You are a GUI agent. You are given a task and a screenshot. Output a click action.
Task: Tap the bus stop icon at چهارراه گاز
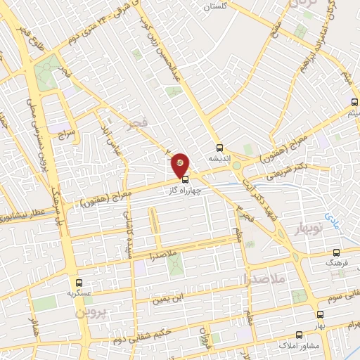(185, 179)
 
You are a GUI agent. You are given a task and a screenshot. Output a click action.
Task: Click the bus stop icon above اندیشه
(220, 148)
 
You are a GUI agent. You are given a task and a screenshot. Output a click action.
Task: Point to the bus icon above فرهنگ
(336, 252)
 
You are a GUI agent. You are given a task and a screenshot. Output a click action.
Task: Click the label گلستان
(217, 6)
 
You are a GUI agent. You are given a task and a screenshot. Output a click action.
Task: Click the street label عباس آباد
(107, 132)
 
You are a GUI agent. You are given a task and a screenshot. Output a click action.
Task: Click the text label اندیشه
(221, 158)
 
